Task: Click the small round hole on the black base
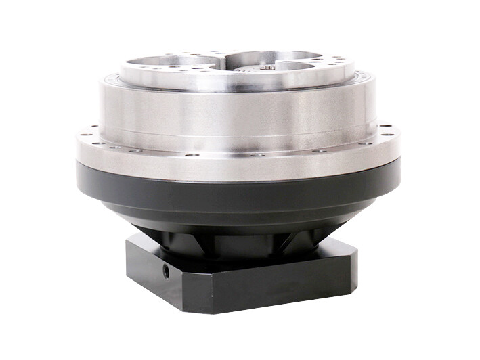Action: pos(166,270)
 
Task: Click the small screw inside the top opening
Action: pos(268,67)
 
